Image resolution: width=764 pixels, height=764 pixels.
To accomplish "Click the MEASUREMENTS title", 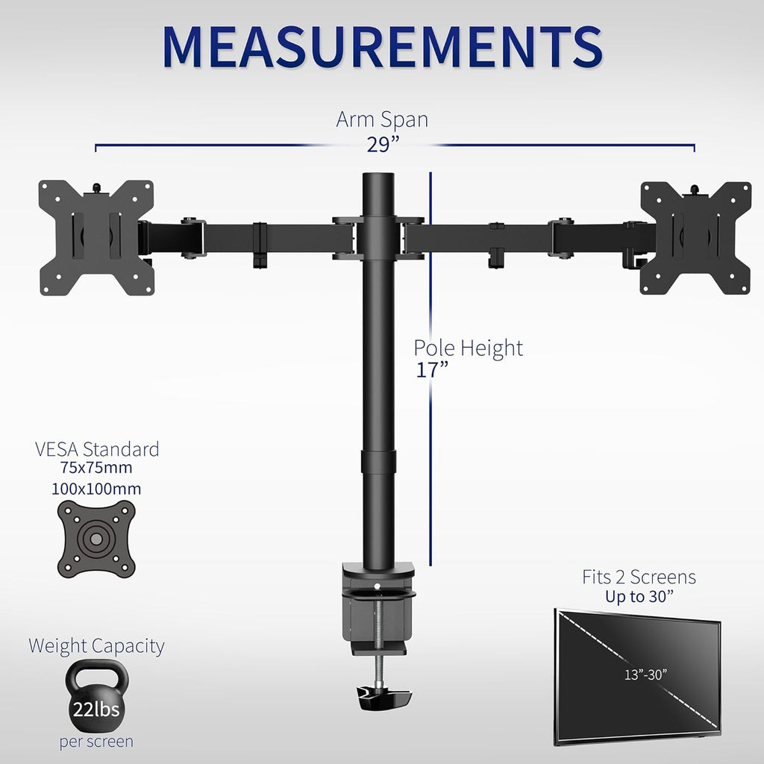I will coord(382,47).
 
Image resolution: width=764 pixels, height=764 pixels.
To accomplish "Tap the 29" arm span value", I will coord(383,145).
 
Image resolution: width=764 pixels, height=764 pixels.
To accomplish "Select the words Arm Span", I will coord(382,119).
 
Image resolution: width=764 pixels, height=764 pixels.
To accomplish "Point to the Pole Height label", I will coord(469,348).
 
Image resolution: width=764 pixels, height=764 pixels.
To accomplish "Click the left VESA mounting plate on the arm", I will coord(96,237).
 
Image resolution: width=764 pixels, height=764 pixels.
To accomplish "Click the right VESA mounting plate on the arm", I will coord(695,237).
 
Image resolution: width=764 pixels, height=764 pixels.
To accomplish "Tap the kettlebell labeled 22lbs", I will coord(96,698).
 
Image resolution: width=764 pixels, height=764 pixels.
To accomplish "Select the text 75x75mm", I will coord(97,469).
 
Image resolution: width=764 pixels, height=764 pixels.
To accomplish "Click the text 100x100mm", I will coord(97,489).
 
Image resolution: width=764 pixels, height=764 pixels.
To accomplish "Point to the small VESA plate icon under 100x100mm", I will coord(97,538).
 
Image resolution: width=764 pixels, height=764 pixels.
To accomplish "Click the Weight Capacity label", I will coord(96,645).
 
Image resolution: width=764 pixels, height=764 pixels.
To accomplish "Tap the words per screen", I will coord(96,742).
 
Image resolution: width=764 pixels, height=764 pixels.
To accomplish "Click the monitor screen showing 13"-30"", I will coord(637,676).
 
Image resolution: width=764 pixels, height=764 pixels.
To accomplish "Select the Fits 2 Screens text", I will coord(639,577).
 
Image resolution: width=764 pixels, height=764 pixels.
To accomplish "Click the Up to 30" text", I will coord(639,596).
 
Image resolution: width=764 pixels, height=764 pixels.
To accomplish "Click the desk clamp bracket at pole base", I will coord(378,604).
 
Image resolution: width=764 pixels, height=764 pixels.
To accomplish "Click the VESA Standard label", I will coord(97,449).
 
